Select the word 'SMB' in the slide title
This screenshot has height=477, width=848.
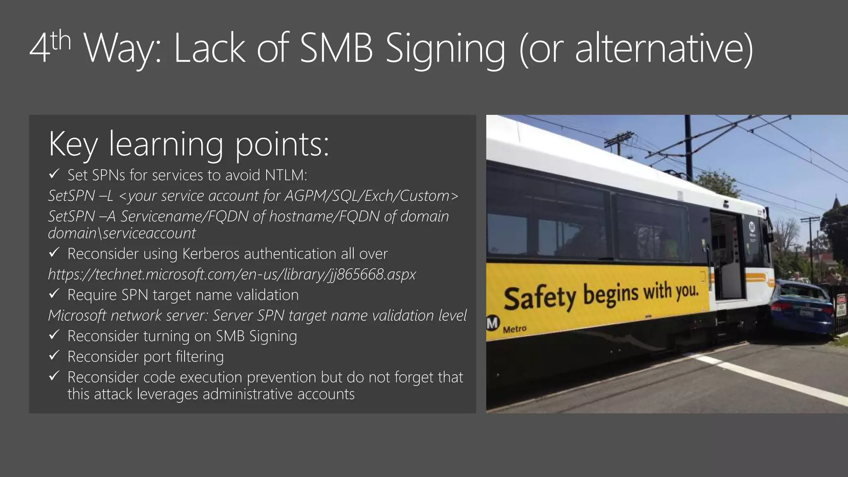coord(336,48)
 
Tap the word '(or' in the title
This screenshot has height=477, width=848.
coord(542,48)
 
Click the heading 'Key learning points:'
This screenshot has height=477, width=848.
coord(189,144)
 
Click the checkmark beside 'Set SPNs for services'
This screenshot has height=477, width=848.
coord(54,174)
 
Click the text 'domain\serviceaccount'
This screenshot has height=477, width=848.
coord(122,233)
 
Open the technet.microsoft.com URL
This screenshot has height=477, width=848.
coord(232,275)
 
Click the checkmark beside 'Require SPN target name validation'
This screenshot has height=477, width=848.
coord(54,294)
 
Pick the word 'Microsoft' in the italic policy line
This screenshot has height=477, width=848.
coord(78,316)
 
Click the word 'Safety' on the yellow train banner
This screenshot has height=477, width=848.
coord(540,297)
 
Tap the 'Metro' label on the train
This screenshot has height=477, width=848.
coord(515,330)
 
